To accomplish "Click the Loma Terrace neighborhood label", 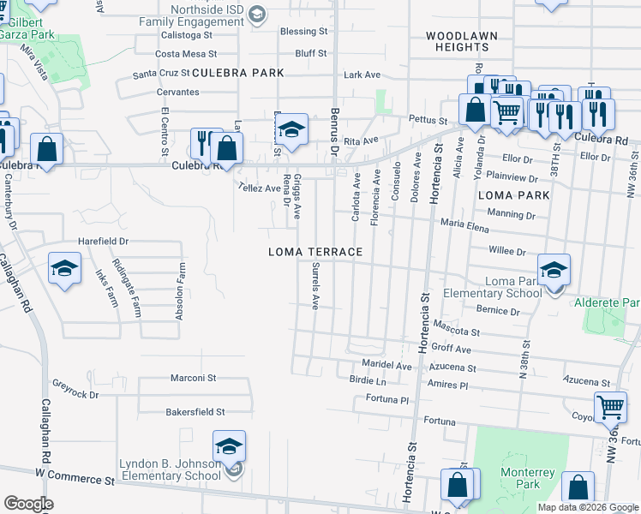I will (315, 252).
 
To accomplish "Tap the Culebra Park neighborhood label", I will (237, 74).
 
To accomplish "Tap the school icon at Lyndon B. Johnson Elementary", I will (229, 447).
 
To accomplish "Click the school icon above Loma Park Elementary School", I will (554, 270).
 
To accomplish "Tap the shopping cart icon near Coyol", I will (610, 406).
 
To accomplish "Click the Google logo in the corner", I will (28, 503).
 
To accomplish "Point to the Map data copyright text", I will (587, 507).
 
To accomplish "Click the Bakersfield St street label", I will (195, 412).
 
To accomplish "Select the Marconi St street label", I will (192, 378).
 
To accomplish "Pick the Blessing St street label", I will (304, 32).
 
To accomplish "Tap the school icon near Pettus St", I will (291, 130).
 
